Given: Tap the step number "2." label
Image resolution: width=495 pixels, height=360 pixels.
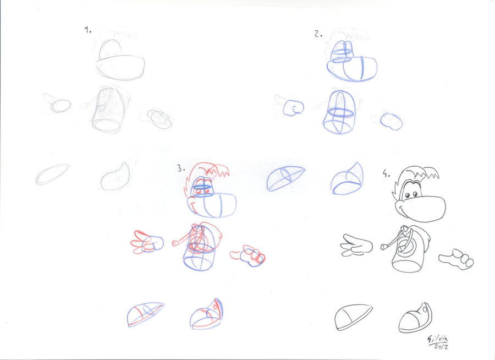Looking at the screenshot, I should (318, 34).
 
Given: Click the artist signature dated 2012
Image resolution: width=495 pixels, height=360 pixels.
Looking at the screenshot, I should (438, 342).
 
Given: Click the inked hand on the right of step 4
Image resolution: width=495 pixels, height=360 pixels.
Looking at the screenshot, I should (456, 259).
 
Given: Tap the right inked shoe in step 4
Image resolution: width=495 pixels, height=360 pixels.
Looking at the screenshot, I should (415, 318).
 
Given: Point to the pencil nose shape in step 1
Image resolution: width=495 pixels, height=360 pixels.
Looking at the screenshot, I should (120, 68).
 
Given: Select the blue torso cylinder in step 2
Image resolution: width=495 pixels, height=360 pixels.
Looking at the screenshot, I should (340, 112).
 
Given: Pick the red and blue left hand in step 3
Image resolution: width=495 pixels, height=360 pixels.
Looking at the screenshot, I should (148, 243).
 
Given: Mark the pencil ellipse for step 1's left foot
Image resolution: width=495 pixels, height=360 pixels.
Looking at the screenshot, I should (52, 174).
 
